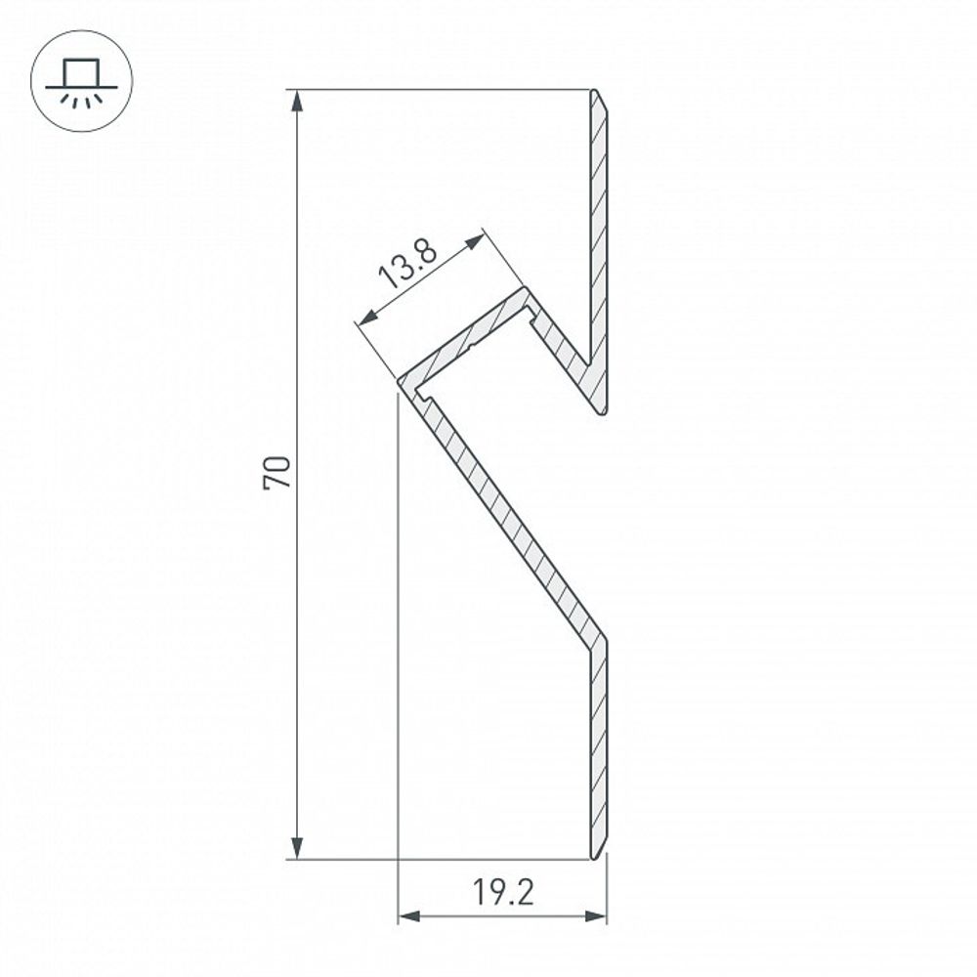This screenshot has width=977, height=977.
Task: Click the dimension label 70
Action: click(277, 473)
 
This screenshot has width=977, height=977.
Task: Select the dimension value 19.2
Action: click(503, 893)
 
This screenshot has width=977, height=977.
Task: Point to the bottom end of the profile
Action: click(599, 857)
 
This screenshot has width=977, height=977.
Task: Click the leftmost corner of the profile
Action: click(399, 381)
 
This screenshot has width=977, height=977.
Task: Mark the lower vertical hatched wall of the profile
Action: click(599, 743)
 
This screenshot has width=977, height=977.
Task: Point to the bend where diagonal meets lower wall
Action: click(598, 640)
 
